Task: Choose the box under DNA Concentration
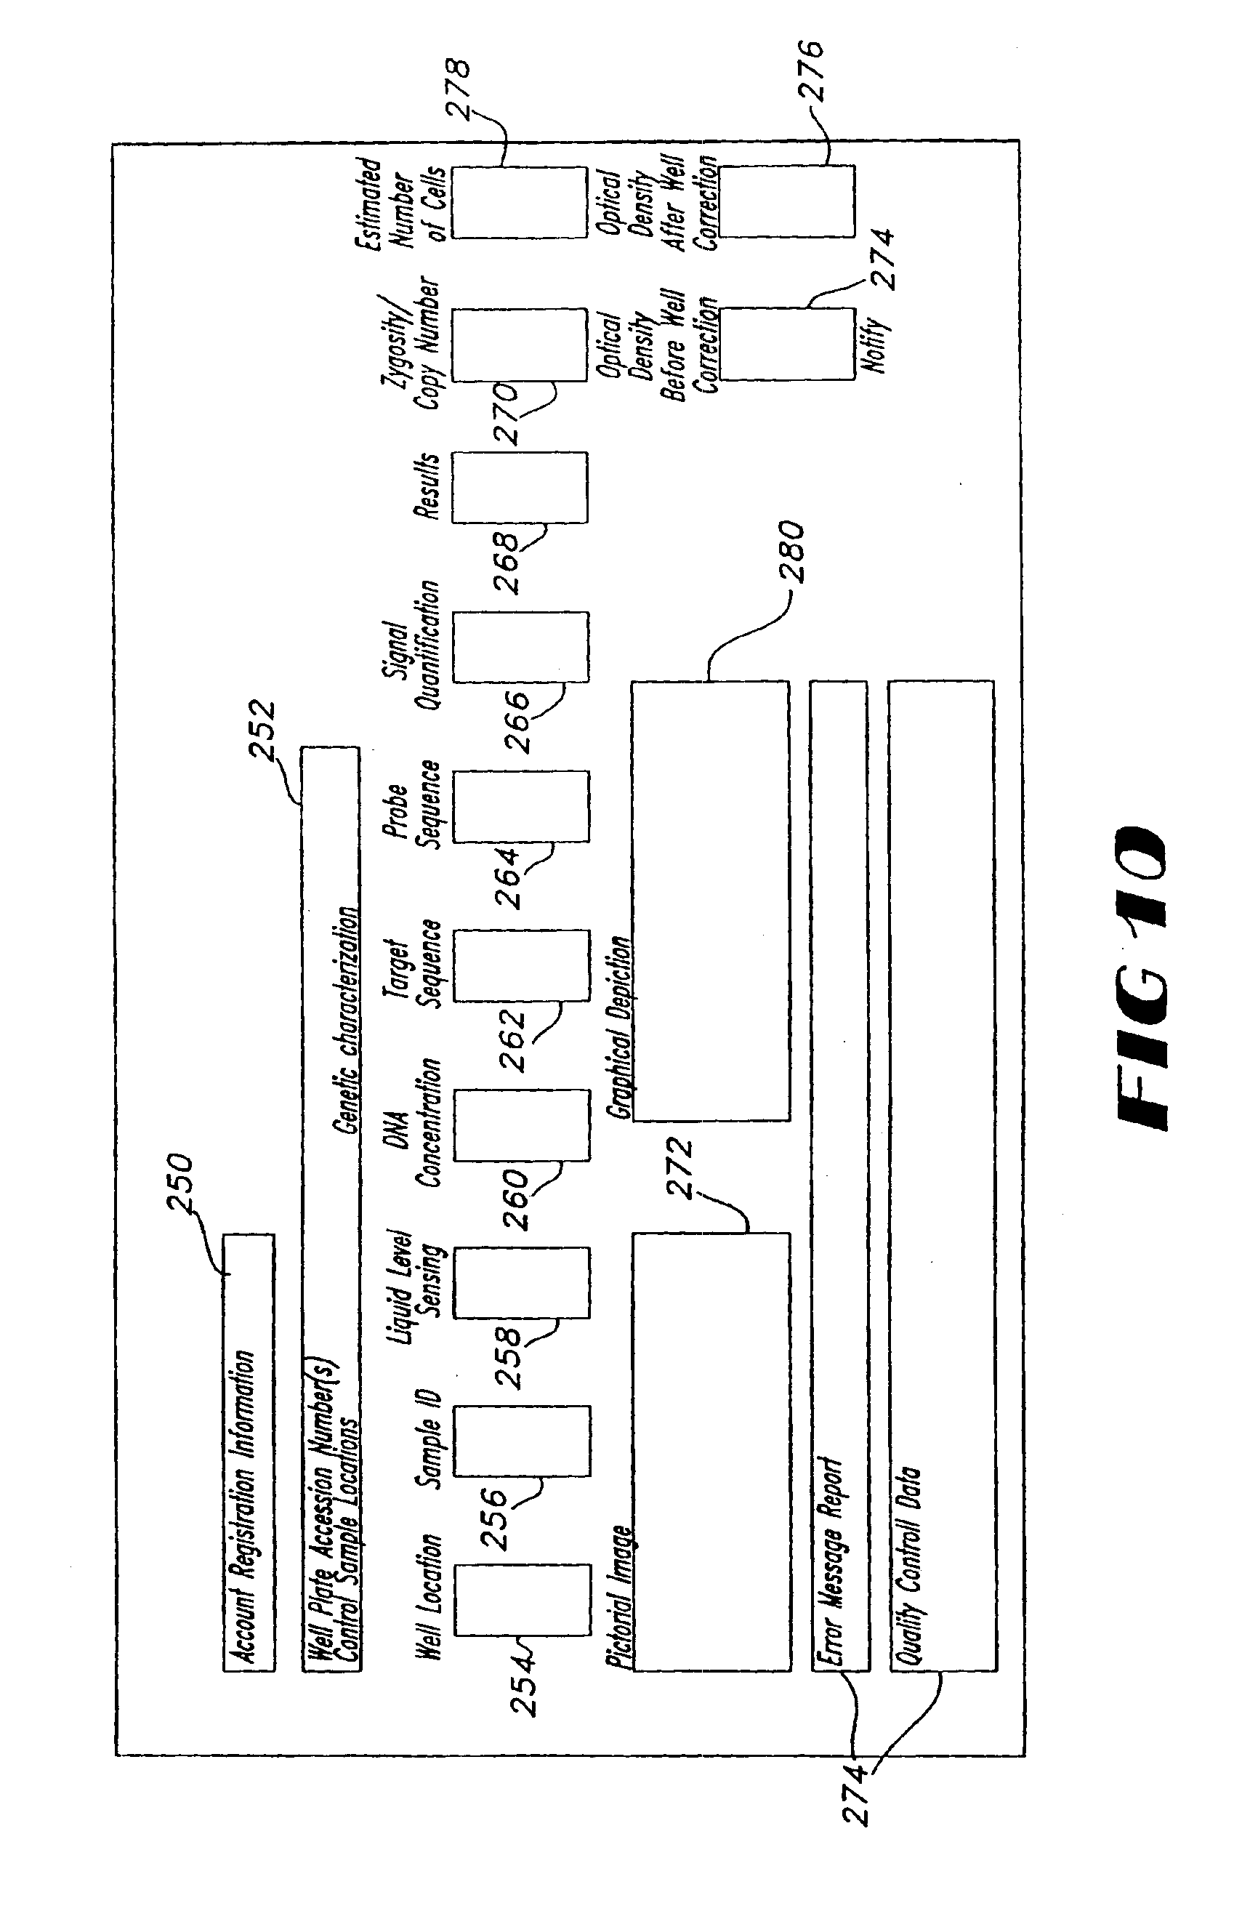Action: coord(522,1125)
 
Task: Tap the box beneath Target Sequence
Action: coord(522,965)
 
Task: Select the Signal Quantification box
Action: coord(521,648)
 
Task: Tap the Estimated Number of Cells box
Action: coord(519,203)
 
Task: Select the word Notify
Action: coord(876,345)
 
